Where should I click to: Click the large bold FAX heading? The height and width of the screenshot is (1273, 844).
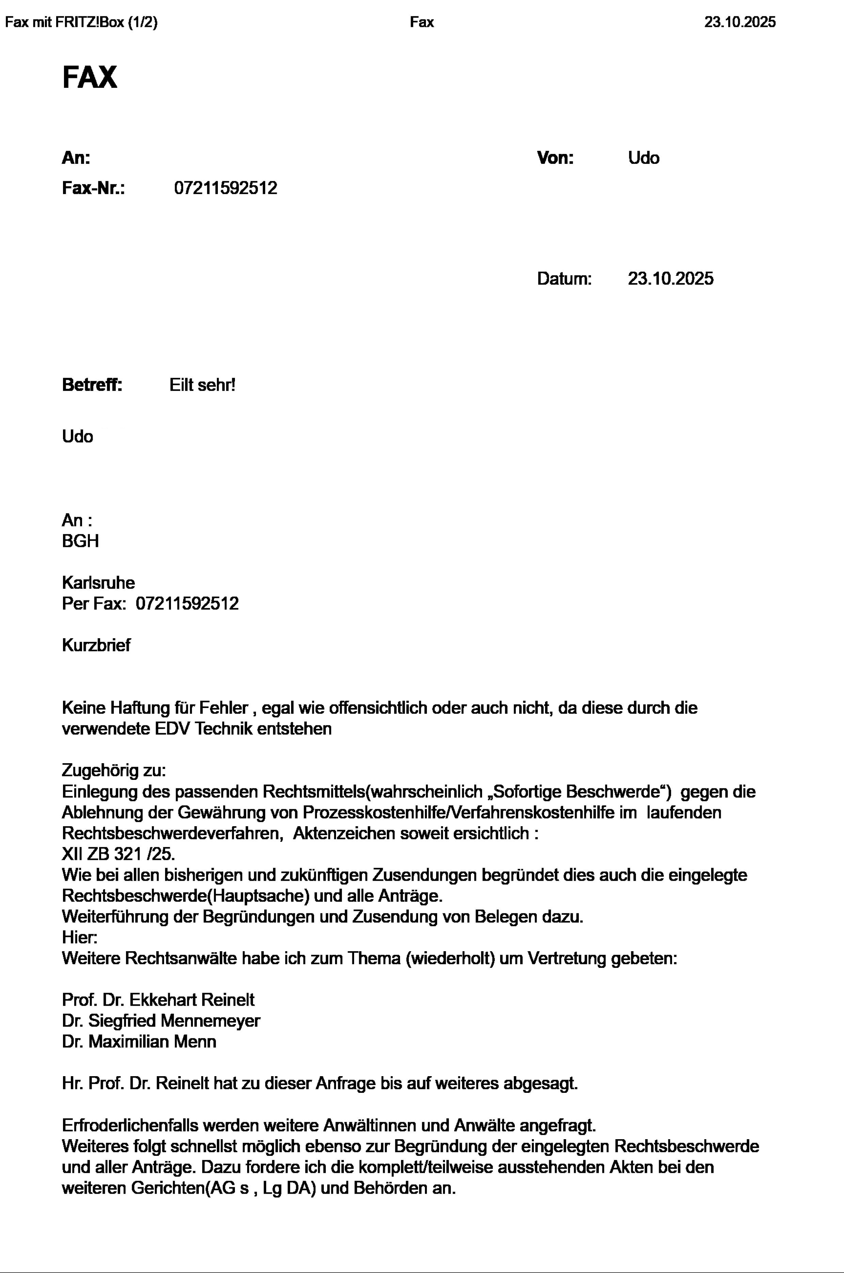[89, 78]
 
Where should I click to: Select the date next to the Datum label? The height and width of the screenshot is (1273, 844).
[670, 279]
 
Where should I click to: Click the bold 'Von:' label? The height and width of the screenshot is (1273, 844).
[555, 158]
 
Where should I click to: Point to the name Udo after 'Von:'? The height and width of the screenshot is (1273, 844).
[643, 158]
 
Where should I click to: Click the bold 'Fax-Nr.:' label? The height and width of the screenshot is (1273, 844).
[93, 188]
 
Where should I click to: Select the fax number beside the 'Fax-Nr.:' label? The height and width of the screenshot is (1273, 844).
[225, 188]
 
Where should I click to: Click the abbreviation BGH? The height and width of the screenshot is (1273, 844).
[80, 541]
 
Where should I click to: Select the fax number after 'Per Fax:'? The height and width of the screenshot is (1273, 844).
[187, 604]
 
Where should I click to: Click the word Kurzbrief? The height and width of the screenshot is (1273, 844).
[96, 645]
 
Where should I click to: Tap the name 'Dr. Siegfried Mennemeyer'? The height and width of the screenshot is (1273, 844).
[161, 1021]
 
